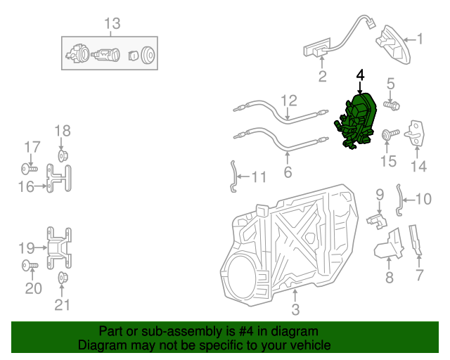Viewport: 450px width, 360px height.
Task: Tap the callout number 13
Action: [x=112, y=24]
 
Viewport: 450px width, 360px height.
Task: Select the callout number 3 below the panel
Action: [x=295, y=309]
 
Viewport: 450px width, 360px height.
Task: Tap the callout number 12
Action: [x=290, y=101]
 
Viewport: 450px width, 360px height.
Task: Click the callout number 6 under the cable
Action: [x=288, y=172]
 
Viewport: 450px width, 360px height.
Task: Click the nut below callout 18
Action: [x=62, y=154]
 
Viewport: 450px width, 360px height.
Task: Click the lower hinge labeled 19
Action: [x=59, y=247]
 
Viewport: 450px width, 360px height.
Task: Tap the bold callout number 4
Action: [x=361, y=75]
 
